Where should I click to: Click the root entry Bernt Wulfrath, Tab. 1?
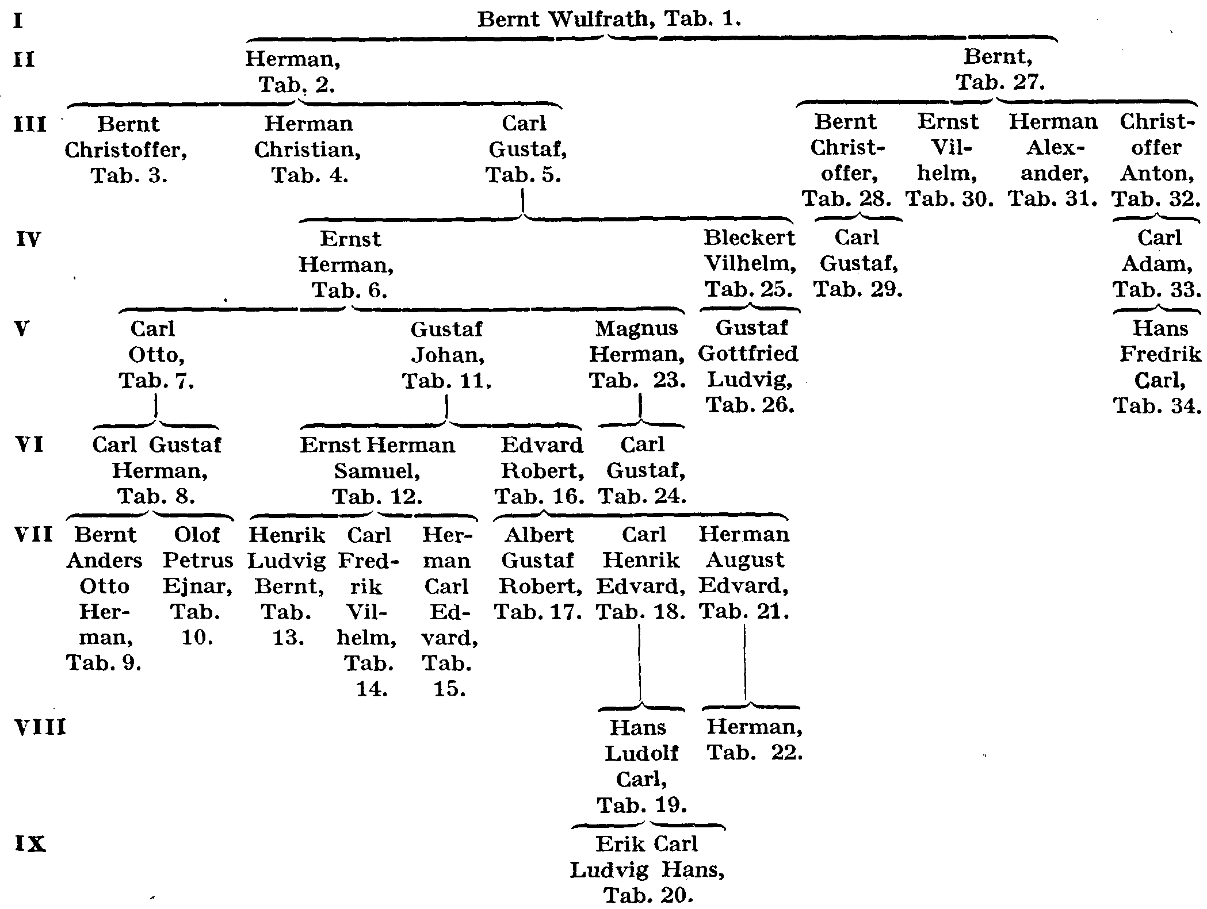click(609, 20)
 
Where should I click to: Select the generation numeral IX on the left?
click(29, 844)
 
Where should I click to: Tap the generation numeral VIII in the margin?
click(40, 728)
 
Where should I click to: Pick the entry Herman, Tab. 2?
click(293, 71)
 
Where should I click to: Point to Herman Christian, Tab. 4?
click(308, 149)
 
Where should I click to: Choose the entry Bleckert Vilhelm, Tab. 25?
click(750, 263)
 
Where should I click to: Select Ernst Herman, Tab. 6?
click(347, 264)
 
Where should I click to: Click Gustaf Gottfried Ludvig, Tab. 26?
click(748, 366)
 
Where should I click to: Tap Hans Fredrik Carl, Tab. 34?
click(1159, 366)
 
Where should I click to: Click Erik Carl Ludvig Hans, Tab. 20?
click(647, 869)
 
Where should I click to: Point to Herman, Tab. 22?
click(754, 740)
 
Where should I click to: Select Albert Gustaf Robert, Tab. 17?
click(538, 573)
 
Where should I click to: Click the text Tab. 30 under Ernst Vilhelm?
click(950, 199)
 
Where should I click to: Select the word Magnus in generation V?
click(636, 329)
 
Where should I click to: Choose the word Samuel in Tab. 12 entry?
click(377, 471)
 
